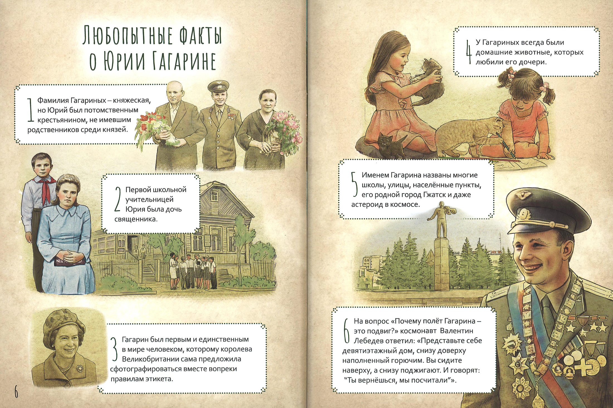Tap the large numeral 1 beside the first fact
(31, 110)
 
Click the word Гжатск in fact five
(434, 195)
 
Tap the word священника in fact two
(136, 219)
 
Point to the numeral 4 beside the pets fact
(469, 52)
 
